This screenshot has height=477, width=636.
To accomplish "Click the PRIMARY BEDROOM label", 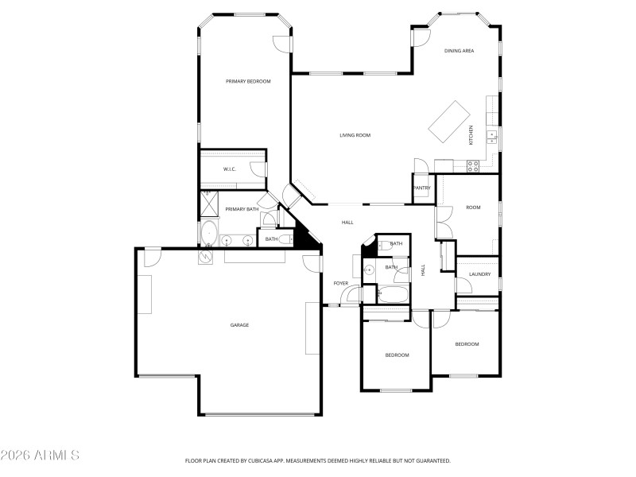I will click(x=248, y=81).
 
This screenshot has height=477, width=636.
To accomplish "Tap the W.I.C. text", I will click(x=229, y=169).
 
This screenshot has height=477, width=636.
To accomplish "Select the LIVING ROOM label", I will click(x=355, y=135).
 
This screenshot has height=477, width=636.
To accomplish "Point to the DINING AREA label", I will click(x=459, y=51).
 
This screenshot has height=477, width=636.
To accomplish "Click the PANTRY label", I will click(x=421, y=188).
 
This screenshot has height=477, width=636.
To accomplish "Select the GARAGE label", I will click(x=239, y=325).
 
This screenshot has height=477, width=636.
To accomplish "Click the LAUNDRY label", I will click(x=479, y=274).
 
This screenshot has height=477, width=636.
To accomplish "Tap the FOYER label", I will click(x=340, y=283).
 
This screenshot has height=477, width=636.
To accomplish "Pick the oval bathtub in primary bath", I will click(x=208, y=235).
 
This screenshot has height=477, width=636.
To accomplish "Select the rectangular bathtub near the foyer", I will click(x=393, y=296).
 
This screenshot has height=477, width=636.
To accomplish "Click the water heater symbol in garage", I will click(x=205, y=256).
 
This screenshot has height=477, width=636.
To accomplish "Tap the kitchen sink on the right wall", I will click(x=492, y=135).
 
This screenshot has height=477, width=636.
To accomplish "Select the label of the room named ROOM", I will click(x=473, y=207).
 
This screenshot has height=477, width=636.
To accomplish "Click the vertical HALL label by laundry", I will click(x=423, y=270).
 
